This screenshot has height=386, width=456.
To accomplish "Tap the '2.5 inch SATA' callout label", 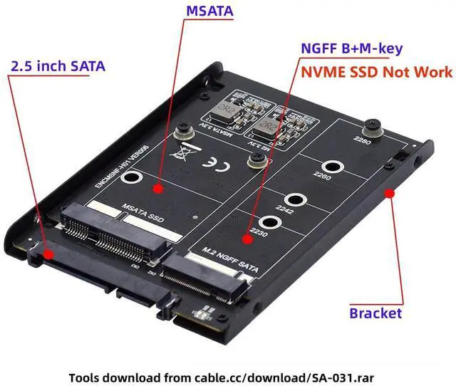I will point(58,66).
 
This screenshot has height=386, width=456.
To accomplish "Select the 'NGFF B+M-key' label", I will point(351,49).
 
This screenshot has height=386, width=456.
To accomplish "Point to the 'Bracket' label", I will point(375,313).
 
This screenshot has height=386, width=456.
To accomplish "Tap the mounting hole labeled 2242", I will point(294,200).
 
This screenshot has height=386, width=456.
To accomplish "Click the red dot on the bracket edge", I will point(389,192).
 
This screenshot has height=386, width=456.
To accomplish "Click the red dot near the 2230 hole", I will point(248,236).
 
